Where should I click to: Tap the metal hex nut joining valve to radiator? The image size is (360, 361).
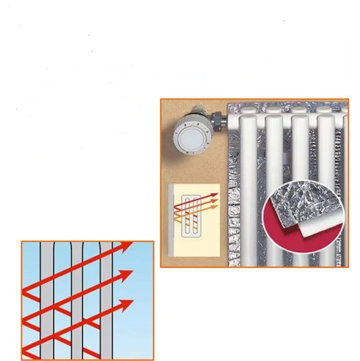[x=217, y=120]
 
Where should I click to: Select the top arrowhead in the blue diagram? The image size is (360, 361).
[x=127, y=246]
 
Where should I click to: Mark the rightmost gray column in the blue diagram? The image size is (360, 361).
[x=107, y=299]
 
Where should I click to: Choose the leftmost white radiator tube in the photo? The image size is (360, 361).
[x=248, y=164]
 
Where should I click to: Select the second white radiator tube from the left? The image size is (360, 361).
[x=273, y=164]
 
